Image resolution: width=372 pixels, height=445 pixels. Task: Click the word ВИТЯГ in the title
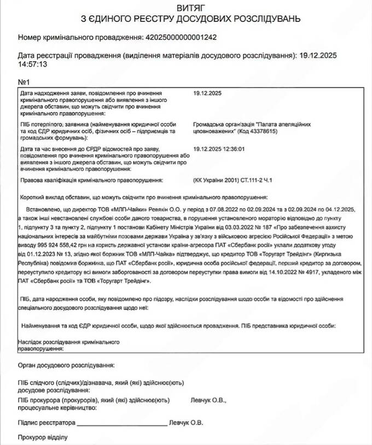(188, 8)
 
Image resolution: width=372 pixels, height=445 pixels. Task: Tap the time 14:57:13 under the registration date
(33, 64)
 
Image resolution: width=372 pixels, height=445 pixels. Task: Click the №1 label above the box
(24, 82)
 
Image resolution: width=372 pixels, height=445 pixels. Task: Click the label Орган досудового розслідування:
(66, 365)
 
